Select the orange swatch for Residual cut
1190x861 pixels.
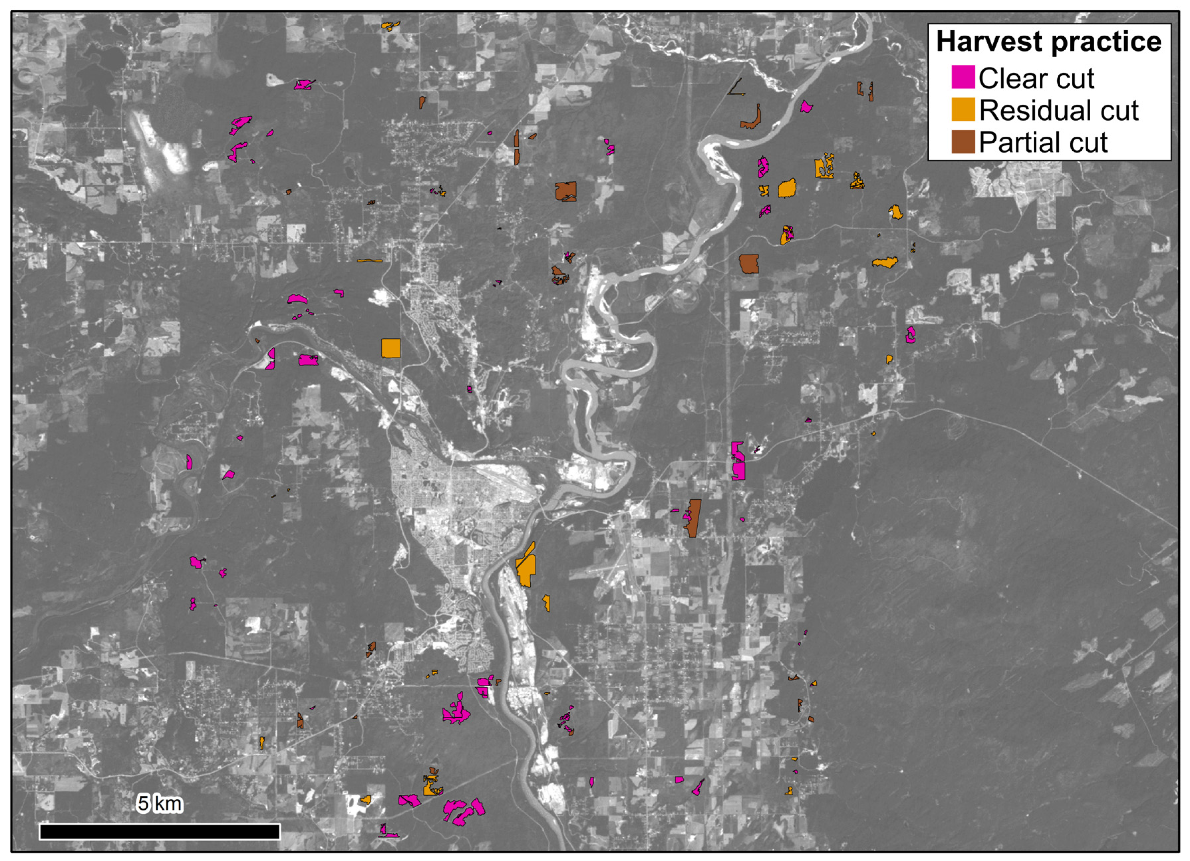[x=963, y=110]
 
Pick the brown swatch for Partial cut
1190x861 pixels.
[x=963, y=142]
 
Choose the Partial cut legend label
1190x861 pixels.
[x=1043, y=142]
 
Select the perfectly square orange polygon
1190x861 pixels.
[x=390, y=348]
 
